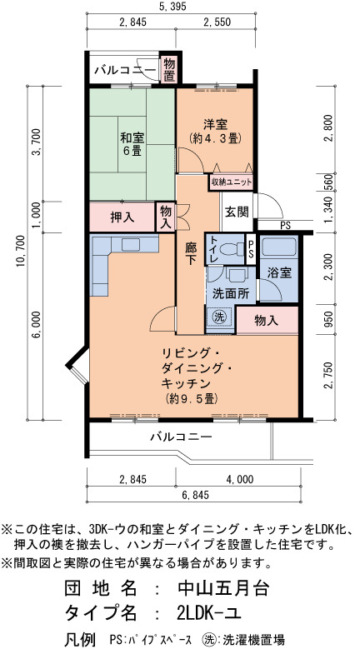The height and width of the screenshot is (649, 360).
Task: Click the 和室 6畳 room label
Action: (131, 143)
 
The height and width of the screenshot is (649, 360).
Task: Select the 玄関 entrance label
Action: (237, 212)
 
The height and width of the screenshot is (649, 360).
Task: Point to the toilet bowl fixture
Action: (232, 250)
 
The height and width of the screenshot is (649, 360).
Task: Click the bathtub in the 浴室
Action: (279, 247)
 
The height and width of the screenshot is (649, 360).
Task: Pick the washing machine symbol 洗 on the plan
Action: (219, 317)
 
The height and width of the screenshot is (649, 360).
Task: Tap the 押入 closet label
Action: (122, 217)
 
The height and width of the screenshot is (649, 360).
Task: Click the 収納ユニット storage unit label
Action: (231, 182)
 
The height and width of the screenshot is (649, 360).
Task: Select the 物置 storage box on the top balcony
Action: (168, 69)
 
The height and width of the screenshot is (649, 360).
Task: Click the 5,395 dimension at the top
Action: (172, 6)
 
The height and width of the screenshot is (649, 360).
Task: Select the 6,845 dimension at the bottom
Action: (193, 495)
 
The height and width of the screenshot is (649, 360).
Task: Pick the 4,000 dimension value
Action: (239, 479)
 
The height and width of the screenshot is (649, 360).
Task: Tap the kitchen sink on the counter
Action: (131, 245)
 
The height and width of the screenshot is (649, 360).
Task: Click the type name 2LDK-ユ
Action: (208, 612)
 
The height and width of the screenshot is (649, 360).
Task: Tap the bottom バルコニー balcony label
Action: (181, 437)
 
